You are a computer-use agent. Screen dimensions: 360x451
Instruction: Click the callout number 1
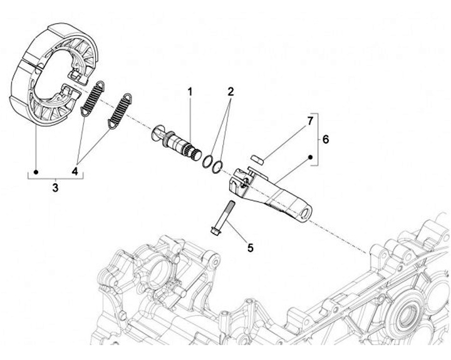click(190, 92)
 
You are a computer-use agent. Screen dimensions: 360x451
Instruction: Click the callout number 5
click(251, 248)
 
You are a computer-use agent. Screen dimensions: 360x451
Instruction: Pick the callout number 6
click(326, 140)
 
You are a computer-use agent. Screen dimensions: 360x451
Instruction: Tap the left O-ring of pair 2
click(207, 161)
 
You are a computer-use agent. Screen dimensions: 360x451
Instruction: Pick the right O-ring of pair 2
click(217, 166)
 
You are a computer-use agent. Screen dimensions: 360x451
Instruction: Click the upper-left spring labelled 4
click(91, 99)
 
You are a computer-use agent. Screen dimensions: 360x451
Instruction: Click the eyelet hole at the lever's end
click(305, 214)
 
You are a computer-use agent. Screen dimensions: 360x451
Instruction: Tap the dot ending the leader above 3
click(37, 170)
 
